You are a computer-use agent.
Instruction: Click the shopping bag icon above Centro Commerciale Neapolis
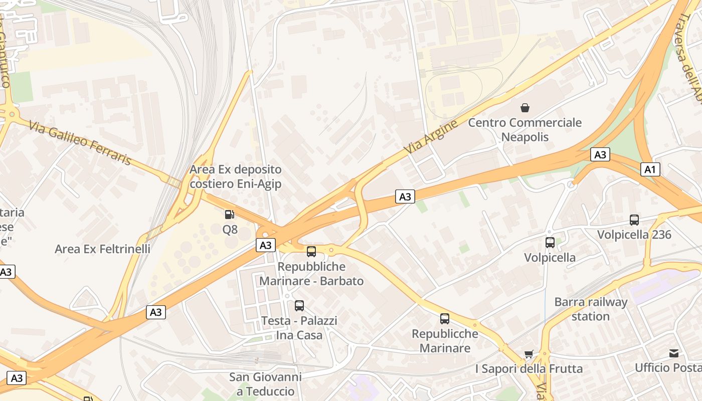point(525,108)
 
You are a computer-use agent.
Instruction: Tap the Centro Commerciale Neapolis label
point(525,130)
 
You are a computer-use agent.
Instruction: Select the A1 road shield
point(650,169)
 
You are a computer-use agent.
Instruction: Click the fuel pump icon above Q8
point(230,215)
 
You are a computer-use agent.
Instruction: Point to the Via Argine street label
point(431,137)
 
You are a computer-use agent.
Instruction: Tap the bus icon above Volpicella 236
point(634,220)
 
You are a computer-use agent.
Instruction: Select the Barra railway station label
point(591,309)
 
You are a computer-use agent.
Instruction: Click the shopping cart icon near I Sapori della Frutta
point(529,354)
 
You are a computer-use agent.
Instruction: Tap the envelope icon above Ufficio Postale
point(674,353)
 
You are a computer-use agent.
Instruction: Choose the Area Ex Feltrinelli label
point(102,249)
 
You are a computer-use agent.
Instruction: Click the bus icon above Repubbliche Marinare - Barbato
point(311,252)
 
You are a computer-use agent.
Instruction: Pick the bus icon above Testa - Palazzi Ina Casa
point(299,305)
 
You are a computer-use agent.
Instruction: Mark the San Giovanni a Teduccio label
point(265,384)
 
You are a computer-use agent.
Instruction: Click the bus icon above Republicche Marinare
point(445,318)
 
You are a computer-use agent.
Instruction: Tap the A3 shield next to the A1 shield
point(600,154)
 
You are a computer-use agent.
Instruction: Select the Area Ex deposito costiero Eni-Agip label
point(235,176)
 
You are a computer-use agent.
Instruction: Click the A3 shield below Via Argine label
point(405,196)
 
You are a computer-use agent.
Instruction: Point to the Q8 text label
point(230,231)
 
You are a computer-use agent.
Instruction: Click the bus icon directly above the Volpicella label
point(550,243)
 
